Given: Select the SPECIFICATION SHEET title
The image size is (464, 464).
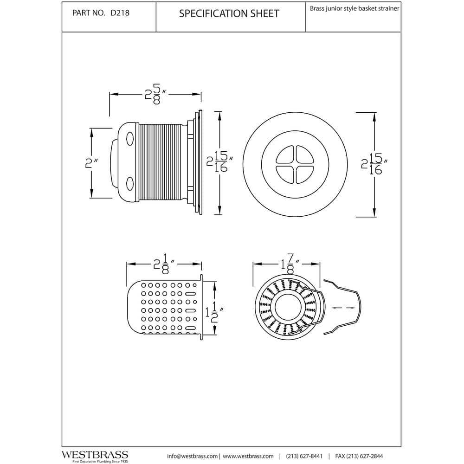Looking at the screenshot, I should (x=229, y=13).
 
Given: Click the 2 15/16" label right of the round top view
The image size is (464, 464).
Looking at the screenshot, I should (x=374, y=164).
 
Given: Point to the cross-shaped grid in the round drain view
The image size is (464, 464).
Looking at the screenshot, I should (x=294, y=164).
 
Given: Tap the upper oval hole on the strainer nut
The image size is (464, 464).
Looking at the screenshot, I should (x=129, y=138).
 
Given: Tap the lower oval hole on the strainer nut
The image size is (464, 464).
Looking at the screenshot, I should (x=129, y=182).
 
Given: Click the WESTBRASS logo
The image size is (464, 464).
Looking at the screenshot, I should (x=95, y=454).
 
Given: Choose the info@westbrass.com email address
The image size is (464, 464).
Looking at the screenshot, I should (x=192, y=456).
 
